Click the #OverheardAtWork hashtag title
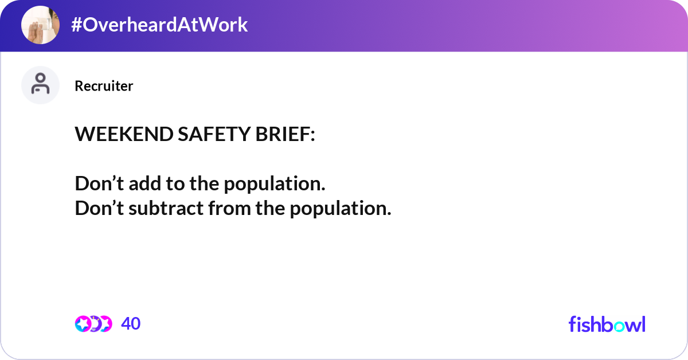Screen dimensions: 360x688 point(159,25)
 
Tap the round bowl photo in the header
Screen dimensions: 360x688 point(40,25)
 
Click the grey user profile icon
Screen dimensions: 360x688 point(40,85)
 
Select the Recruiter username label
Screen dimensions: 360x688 point(104,86)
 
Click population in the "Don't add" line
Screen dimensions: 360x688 point(274,184)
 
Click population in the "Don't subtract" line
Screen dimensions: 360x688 point(340,208)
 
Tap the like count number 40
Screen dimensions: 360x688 point(131,324)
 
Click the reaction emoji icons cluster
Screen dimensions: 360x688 point(93,324)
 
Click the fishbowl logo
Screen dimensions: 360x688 point(607,324)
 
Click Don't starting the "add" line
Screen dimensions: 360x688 point(99,184)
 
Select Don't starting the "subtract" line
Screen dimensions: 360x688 point(99,208)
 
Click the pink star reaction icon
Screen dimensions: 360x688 point(83,324)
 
